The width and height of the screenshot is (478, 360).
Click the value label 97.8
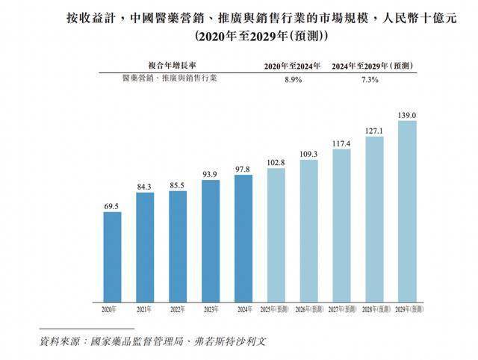(243, 168)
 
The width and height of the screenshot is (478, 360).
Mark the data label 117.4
(341, 143)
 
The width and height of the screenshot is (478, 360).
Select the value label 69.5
(112, 205)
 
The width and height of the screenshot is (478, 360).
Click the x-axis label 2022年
(178, 308)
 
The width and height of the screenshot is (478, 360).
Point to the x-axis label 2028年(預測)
(374, 308)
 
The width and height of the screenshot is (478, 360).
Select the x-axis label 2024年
(243, 308)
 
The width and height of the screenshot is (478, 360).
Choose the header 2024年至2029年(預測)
(381, 66)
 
